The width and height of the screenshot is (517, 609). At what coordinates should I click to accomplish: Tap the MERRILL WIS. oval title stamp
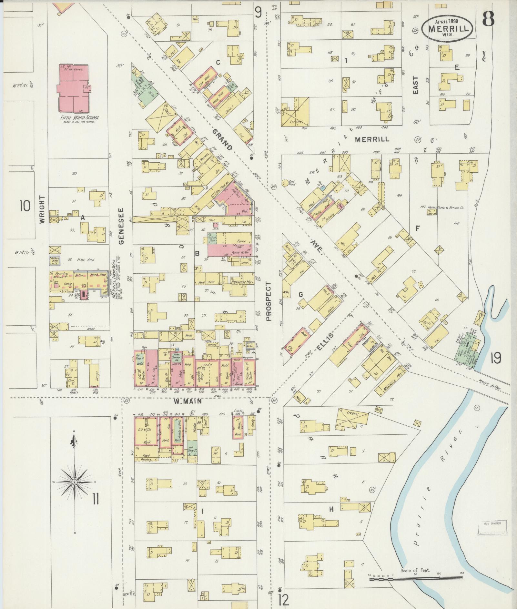pos(448,29)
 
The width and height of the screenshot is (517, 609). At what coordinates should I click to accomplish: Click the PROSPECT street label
pos(269,301)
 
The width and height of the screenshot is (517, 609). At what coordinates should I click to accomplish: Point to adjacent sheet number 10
pos(25,205)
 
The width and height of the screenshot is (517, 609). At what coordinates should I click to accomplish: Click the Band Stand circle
pos(286,183)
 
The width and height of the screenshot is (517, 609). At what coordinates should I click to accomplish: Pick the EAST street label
pos(415,85)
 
